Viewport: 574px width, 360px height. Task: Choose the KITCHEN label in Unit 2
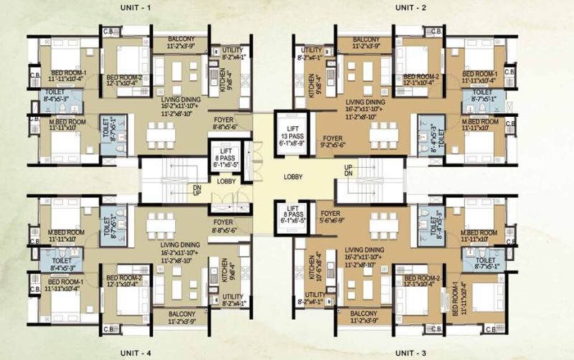[x=312, y=87]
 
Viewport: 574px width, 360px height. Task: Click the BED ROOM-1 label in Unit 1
[x=47, y=73]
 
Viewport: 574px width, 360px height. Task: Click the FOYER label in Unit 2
[x=333, y=136]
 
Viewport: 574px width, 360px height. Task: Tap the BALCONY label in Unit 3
[x=366, y=313]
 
